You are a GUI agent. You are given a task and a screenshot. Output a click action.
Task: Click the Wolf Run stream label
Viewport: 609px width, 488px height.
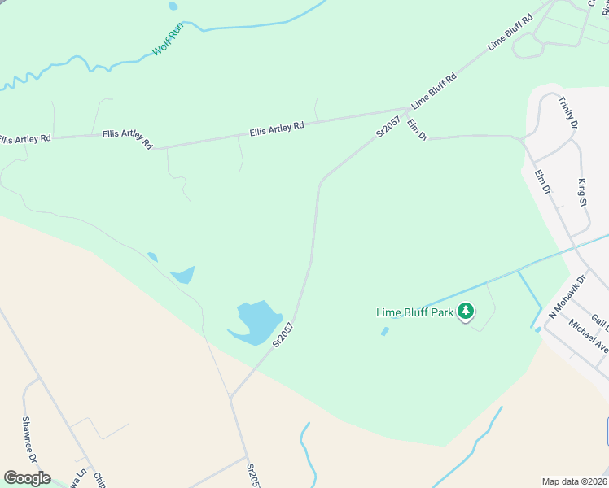[x=169, y=39]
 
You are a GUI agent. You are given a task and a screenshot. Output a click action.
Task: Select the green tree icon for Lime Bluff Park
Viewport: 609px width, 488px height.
[x=466, y=311]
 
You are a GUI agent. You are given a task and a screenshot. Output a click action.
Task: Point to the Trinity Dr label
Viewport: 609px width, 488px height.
[x=568, y=113]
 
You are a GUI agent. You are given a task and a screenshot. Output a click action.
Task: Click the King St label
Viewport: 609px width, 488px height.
[x=583, y=193]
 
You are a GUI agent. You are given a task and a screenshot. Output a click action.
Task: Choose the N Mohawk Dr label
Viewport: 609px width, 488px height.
[x=567, y=296]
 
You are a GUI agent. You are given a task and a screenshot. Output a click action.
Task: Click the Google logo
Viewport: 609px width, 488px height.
[x=27, y=478]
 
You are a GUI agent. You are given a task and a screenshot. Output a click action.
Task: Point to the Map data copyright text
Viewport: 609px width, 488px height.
[x=575, y=481]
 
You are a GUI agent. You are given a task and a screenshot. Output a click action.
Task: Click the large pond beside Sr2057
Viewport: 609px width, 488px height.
[x=256, y=320]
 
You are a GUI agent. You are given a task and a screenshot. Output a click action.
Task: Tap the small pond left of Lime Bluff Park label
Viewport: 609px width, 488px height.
[x=384, y=331]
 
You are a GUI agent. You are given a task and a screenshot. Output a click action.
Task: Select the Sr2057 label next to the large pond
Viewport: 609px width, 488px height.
[x=283, y=335]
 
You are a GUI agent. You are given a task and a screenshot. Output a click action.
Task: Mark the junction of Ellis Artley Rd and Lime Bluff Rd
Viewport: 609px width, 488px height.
[x=408, y=108]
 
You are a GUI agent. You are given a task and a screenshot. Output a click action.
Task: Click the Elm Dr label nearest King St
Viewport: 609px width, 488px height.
[x=543, y=181]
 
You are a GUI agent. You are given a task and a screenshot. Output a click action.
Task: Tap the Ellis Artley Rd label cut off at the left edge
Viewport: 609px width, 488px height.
[x=24, y=139]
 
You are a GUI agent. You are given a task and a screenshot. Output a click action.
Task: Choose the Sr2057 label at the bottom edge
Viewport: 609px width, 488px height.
[x=253, y=473]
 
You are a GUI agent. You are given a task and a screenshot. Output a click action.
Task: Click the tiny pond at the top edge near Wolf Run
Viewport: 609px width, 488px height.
[x=173, y=6]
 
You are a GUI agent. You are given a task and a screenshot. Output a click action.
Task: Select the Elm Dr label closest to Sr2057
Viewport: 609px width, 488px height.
[x=418, y=129]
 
